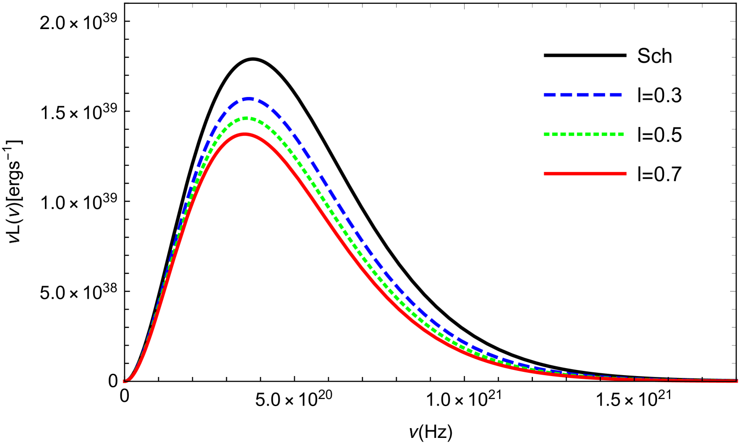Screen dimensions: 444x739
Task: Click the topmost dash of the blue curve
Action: click(249, 99)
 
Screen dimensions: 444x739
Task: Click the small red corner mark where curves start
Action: click(125, 381)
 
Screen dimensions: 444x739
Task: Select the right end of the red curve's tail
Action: click(736, 381)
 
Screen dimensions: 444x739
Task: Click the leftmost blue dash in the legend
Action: click(549, 95)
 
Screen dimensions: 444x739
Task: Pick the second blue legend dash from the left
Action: click(566, 95)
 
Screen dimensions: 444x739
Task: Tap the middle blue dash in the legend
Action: click(583, 95)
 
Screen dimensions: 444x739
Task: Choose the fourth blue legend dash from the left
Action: click(599, 95)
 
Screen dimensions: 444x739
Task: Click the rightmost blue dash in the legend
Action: click(615, 95)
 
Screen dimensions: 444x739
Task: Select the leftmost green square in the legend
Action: click(546, 134)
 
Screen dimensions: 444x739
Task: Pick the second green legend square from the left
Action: click(554, 134)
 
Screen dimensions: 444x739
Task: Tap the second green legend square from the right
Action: click(613, 134)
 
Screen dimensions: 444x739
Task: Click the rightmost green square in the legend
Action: click(621, 134)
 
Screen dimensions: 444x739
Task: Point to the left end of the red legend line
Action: click(545, 174)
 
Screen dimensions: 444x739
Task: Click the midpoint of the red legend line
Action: click(585, 174)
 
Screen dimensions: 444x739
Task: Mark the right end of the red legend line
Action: click(626, 174)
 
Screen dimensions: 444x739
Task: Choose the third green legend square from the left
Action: click(563, 134)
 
